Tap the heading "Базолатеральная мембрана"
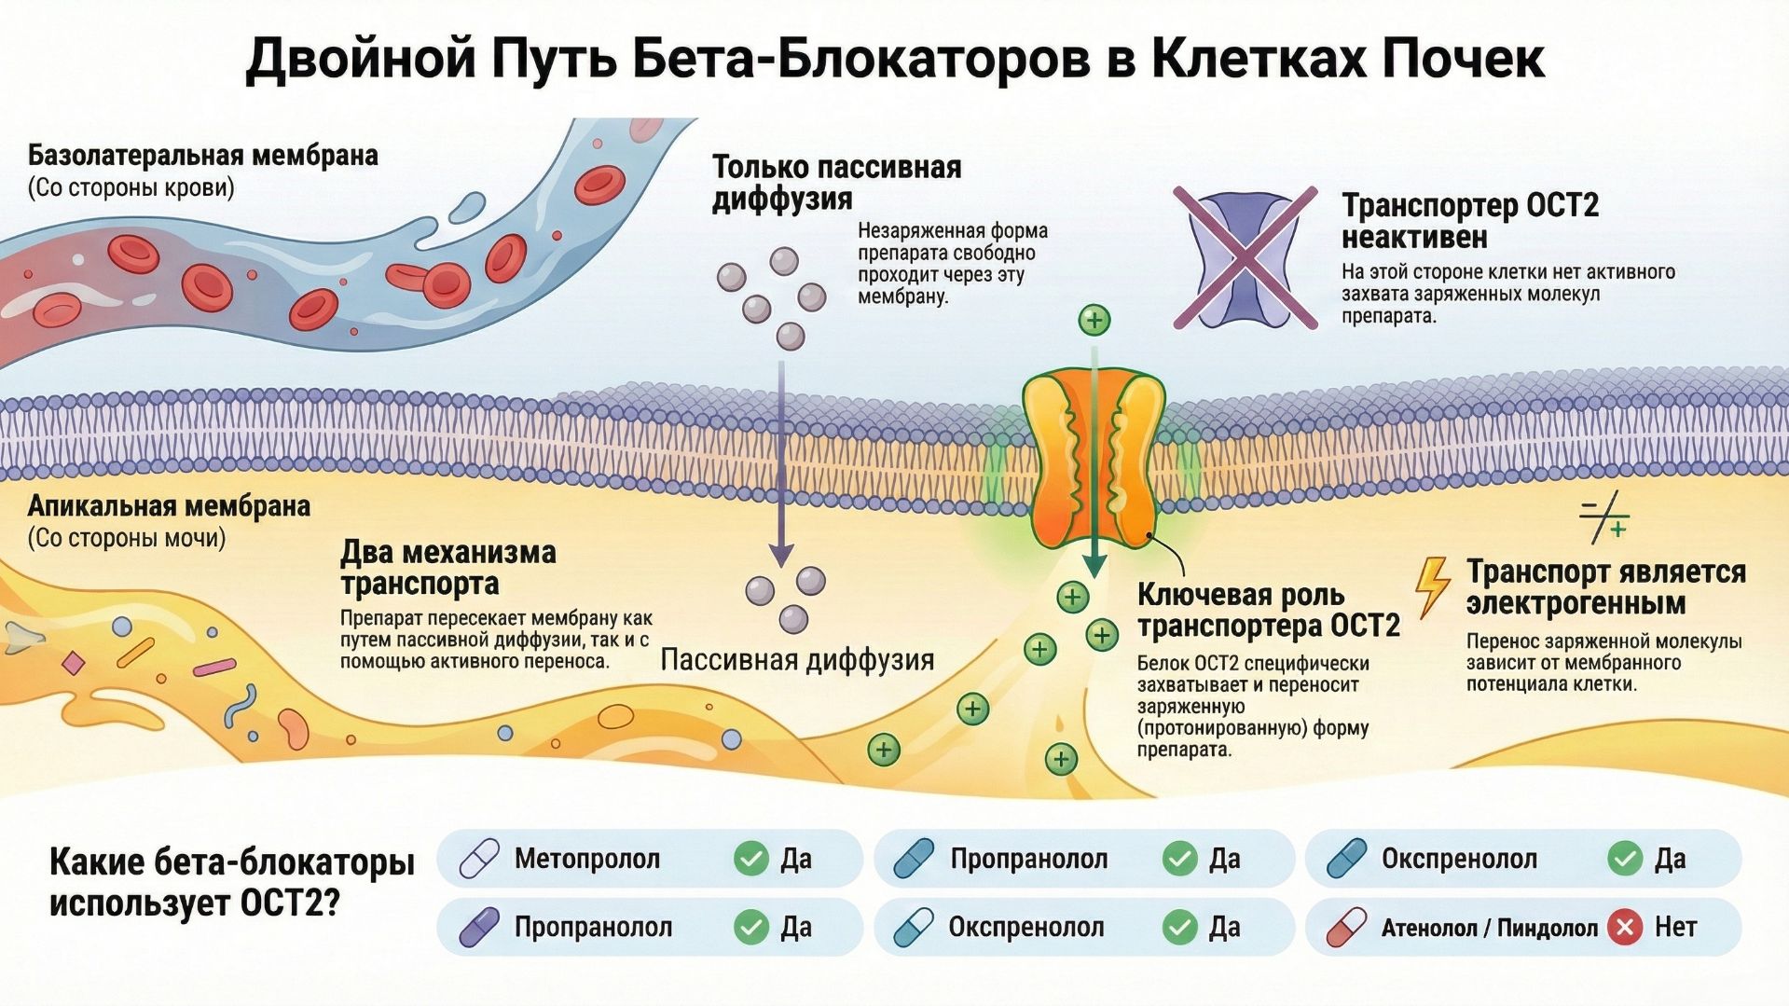202,155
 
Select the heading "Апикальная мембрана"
169,506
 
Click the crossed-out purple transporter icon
1245,257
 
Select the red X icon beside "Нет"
1625,927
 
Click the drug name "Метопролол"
586,859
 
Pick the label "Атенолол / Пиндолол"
1489,928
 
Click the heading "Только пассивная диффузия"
836,183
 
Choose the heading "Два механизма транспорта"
447,568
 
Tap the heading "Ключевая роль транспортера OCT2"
1268,610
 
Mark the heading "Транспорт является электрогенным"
1605,587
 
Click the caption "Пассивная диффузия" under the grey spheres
797,660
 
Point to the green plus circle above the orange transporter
1094,320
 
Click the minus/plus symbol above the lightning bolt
1603,518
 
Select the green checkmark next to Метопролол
750,858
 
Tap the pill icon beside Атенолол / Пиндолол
1345,928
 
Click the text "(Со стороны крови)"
131,187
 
